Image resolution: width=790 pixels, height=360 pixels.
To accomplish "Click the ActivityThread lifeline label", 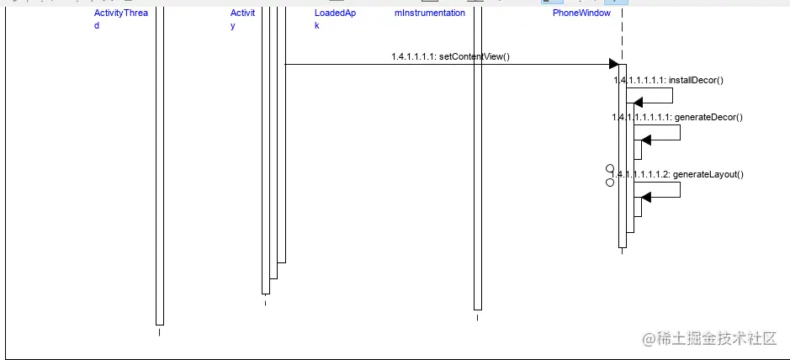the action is [120, 19].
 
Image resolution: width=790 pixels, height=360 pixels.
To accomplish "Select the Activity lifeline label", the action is [242, 19].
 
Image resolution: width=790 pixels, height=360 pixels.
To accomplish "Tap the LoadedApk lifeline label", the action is [335, 19].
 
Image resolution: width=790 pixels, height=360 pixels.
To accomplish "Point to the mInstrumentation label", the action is [429, 13].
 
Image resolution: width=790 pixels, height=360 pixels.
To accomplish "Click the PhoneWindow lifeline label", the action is [581, 13].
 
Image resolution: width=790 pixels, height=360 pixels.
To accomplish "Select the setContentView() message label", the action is [450, 57].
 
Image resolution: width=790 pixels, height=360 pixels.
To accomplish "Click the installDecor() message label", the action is [669, 80].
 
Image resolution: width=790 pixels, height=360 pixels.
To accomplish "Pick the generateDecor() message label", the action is [677, 117].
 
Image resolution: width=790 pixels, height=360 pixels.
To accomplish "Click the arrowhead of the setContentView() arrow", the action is [614, 64].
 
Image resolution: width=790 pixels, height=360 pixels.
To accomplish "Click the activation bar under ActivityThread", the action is [160, 168].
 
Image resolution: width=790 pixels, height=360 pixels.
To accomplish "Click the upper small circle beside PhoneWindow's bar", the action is [610, 169].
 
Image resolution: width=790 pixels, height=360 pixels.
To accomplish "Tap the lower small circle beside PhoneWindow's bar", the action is [610, 181].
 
